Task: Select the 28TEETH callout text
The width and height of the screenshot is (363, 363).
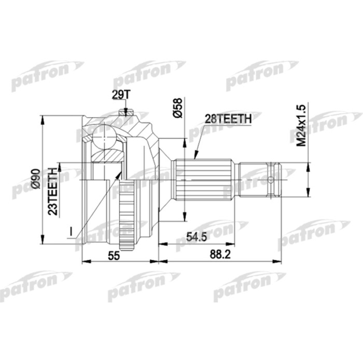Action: [x=228, y=119]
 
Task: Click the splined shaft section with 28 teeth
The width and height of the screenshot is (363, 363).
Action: [x=202, y=180]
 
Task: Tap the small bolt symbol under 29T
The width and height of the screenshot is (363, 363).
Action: [x=123, y=111]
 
